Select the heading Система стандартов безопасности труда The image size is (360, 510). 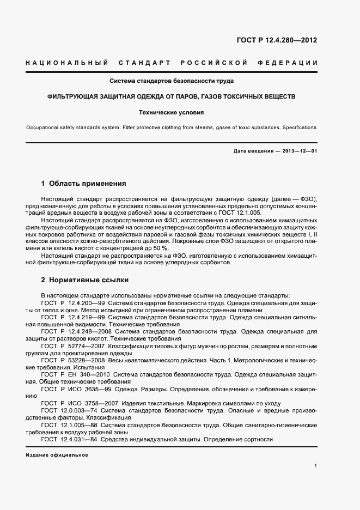(172, 81)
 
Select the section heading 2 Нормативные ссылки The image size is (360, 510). (85, 280)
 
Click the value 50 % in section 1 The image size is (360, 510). (161, 248)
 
